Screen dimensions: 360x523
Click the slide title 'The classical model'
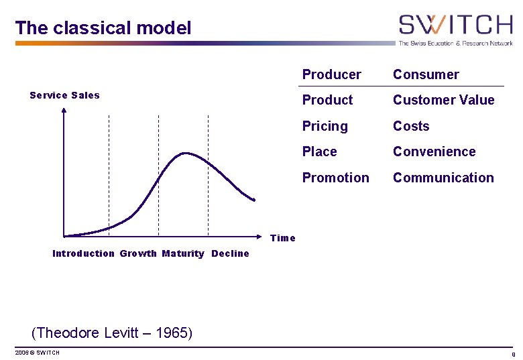103,28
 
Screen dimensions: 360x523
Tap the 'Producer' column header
331,74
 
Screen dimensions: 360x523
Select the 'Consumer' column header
426,74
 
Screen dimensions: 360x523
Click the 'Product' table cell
327,100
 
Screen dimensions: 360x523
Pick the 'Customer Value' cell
443,100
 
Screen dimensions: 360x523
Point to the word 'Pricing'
325,126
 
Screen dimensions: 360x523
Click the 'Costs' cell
410,126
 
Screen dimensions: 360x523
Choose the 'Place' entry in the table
319,152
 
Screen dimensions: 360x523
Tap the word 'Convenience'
434,152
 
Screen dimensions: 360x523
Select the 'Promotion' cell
335,178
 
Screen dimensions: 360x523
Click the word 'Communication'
443,178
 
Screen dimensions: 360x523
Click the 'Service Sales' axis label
64,95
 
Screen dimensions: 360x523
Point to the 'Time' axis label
282,238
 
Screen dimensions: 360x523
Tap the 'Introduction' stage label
83,253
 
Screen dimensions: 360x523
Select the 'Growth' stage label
138,253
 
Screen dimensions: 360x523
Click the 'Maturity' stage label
183,253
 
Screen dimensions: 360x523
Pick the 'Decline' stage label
230,253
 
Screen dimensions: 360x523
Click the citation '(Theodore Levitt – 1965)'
112,333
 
